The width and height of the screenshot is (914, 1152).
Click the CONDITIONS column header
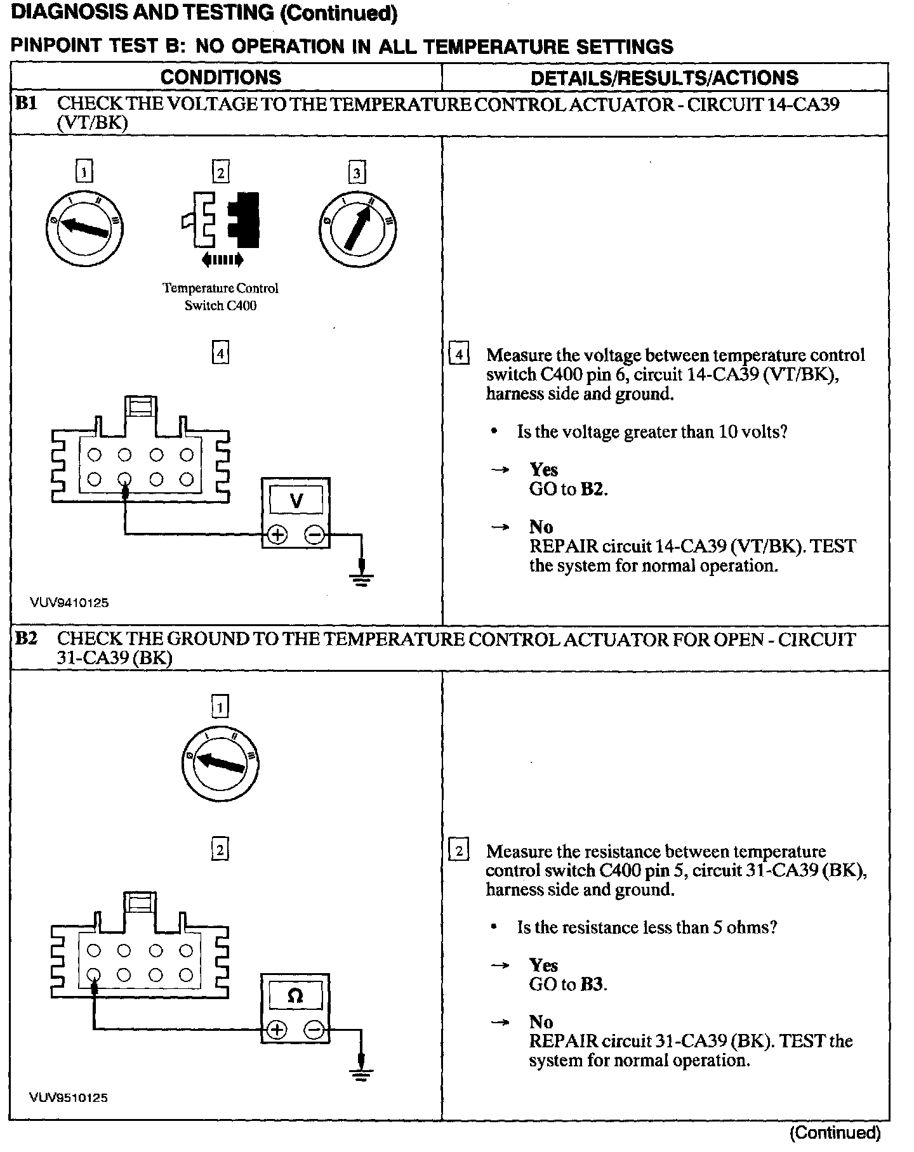tap(220, 77)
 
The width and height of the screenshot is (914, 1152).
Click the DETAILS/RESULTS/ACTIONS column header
tap(664, 77)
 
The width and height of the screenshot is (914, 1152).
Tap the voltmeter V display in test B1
tap(296, 501)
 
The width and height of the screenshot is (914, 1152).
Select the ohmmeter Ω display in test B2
tap(295, 997)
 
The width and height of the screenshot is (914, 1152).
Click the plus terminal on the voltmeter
tap(277, 535)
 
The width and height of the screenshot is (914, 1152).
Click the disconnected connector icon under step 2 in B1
tap(220, 219)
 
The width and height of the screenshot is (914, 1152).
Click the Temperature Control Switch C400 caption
tap(220, 297)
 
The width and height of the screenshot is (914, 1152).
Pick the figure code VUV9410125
tap(69, 603)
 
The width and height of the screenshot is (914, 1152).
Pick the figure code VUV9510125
tap(69, 1097)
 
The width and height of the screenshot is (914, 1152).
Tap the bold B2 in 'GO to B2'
tap(593, 489)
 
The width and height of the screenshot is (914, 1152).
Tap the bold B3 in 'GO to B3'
tap(593, 985)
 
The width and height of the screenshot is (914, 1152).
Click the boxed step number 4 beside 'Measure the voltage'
tap(459, 354)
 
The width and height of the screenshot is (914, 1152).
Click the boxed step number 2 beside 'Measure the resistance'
tap(459, 850)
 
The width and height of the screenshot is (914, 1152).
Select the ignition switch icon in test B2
tap(220, 761)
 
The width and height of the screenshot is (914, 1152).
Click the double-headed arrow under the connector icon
tap(221, 259)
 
